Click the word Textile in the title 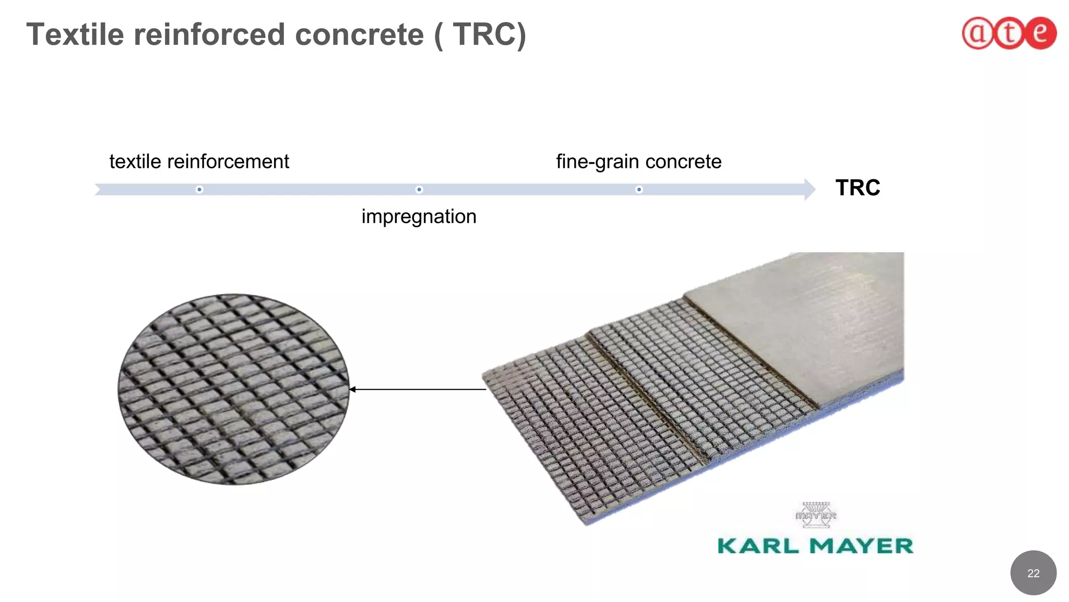75,34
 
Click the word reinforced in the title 209,34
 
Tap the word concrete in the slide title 359,34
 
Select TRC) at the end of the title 489,34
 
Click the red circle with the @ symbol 977,33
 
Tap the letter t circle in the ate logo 1008,33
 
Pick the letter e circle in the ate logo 1040,33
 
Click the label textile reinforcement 199,161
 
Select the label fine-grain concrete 638,161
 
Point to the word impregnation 419,216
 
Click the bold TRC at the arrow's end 857,188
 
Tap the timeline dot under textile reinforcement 199,189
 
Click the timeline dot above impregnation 419,189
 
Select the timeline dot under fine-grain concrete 639,189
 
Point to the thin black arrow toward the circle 418,389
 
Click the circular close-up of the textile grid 233,389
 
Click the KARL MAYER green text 815,546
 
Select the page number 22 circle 1033,573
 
